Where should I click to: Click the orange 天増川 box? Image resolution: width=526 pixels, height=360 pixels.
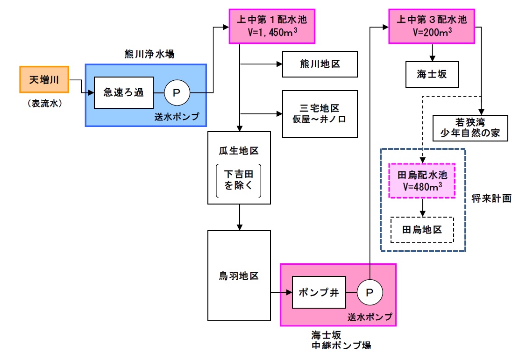click(x=44, y=79)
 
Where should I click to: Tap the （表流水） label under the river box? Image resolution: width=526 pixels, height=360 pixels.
click(x=44, y=104)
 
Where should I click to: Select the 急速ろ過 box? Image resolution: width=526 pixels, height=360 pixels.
click(x=124, y=92)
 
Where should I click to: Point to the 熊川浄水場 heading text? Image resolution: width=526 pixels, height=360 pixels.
click(x=146, y=55)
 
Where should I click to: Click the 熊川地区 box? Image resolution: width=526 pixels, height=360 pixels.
click(x=320, y=64)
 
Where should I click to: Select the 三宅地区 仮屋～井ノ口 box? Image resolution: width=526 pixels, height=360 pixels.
click(x=320, y=113)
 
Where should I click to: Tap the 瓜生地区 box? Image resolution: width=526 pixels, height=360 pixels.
click(x=239, y=168)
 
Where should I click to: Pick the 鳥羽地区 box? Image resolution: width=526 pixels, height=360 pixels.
click(x=239, y=275)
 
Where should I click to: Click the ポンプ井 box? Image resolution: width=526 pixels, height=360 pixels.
click(x=315, y=292)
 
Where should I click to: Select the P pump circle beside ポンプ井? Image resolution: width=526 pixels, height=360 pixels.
click(x=370, y=293)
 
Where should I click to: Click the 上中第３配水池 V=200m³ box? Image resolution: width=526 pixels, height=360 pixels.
click(x=431, y=26)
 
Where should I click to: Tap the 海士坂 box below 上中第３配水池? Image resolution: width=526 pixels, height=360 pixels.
click(x=431, y=74)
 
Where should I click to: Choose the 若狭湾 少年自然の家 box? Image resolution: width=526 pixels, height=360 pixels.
click(x=470, y=127)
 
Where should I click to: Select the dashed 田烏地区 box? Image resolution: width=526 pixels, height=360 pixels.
click(x=422, y=230)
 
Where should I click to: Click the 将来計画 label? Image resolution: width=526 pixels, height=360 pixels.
click(x=492, y=198)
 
